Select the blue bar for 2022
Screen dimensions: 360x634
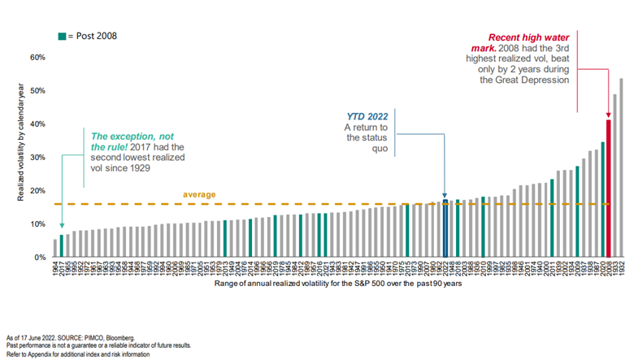pyautogui.click(x=445, y=228)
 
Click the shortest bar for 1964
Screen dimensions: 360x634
pyautogui.click(x=55, y=248)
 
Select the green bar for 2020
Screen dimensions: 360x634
pyautogui.click(x=602, y=200)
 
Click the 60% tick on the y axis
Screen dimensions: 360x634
pyautogui.click(x=37, y=58)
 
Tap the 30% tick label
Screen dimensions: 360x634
pyautogui.click(x=37, y=158)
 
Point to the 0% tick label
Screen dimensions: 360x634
pyautogui.click(x=40, y=258)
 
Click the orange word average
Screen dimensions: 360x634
pyautogui.click(x=198, y=195)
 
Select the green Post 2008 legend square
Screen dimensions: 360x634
pyautogui.click(x=61, y=37)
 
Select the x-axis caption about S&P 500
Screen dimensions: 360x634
pyautogui.click(x=338, y=285)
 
